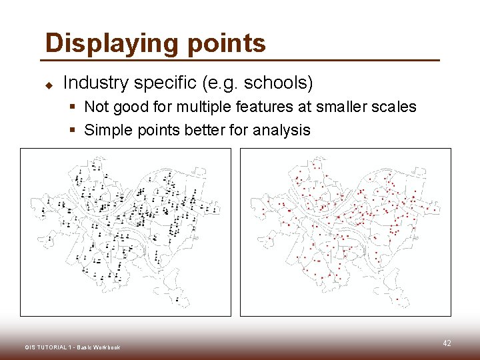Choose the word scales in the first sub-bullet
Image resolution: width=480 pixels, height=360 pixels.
coord(394,107)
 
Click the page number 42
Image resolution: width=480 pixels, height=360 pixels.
coord(447,343)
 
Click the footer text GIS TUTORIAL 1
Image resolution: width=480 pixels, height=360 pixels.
coord(47,347)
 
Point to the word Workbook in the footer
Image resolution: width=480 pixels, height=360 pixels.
coord(107,347)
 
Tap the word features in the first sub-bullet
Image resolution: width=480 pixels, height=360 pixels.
coord(263,107)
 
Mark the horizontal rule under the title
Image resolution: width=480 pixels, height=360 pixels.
coord(242,61)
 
